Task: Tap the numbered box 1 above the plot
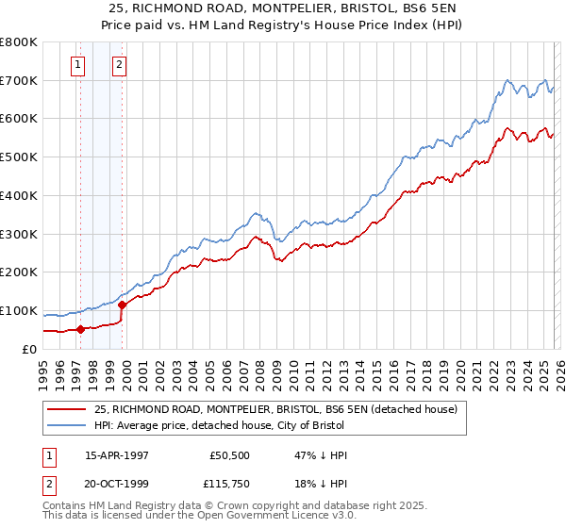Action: point(77,65)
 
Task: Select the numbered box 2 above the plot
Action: point(120,65)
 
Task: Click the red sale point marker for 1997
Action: point(80,329)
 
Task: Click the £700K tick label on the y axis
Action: point(19,80)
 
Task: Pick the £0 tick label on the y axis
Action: point(29,349)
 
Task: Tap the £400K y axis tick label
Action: point(19,195)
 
